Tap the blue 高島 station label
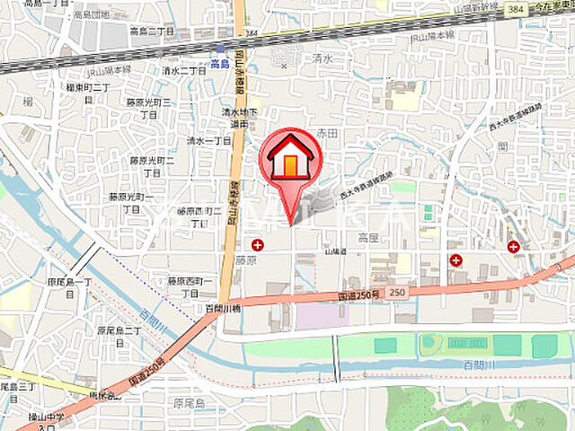pyautogui.click(x=220, y=63)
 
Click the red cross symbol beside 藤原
pyautogui.click(x=258, y=244)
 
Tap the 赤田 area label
pyautogui.click(x=326, y=132)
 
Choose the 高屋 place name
pyautogui.click(x=369, y=238)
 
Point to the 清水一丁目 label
pyautogui.click(x=208, y=141)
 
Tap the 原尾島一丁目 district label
pyautogui.click(x=70, y=286)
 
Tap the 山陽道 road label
pyautogui.click(x=335, y=252)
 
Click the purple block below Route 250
pyautogui.click(x=323, y=315)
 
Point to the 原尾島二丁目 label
pyautogui.click(x=119, y=336)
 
